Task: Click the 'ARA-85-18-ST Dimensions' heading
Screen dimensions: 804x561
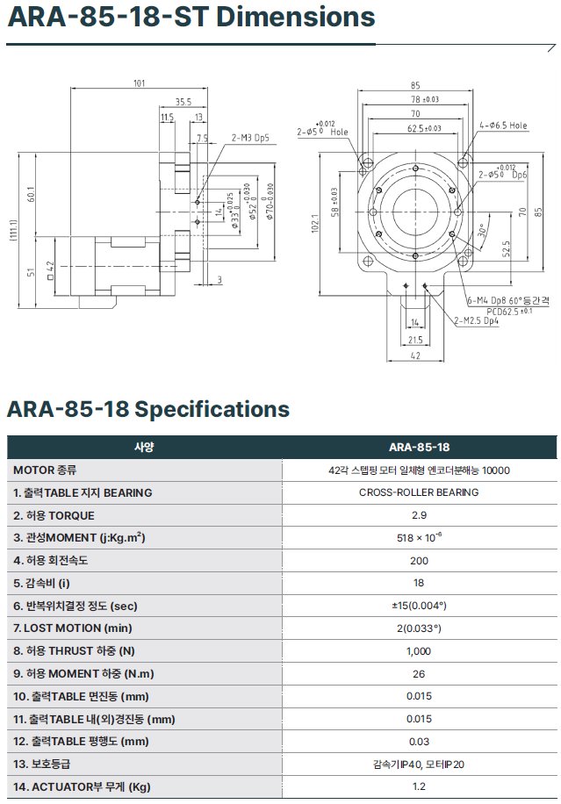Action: tap(191, 18)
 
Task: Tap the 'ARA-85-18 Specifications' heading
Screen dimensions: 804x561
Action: tap(147, 409)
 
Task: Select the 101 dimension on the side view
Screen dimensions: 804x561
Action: tap(139, 84)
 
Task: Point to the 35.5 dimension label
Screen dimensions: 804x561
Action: tap(183, 102)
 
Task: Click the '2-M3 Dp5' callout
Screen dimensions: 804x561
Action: tap(250, 138)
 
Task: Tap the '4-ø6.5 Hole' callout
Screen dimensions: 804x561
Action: tap(504, 126)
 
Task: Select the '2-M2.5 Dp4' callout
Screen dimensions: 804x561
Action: tap(477, 320)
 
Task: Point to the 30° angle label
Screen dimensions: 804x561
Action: tap(482, 231)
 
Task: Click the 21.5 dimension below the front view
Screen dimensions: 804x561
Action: tap(415, 340)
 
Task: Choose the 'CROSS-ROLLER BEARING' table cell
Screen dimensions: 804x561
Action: tap(419, 492)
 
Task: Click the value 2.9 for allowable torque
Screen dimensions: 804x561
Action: tap(419, 515)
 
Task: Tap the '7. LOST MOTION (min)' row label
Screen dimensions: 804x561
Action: tap(73, 628)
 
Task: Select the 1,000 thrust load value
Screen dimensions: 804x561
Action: tap(419, 651)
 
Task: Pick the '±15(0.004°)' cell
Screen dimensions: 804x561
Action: tap(419, 606)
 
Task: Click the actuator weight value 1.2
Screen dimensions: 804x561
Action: tap(419, 786)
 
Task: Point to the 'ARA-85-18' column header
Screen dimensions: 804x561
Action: tap(419, 447)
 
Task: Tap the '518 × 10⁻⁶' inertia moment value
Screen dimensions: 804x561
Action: tap(419, 537)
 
